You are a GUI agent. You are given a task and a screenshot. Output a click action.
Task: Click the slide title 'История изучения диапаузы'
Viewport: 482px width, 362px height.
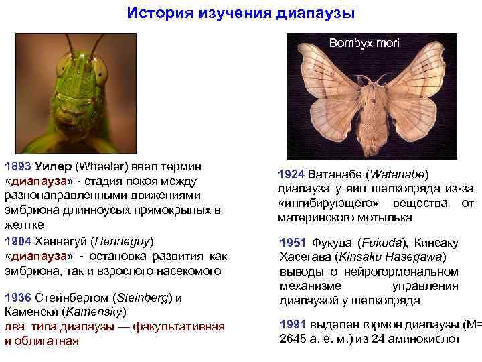[241, 13]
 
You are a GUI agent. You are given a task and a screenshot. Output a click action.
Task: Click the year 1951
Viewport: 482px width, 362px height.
[292, 243]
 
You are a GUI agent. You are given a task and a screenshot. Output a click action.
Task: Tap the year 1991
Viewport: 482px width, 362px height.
[292, 324]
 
